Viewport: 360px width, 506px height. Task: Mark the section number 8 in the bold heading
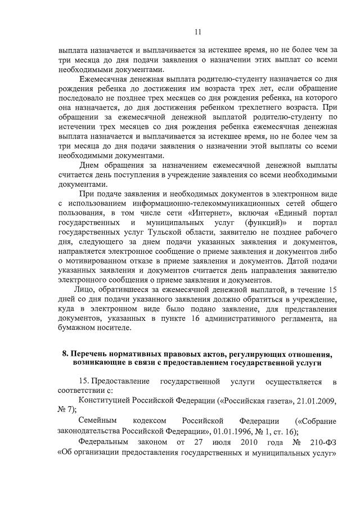(x=65, y=354)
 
